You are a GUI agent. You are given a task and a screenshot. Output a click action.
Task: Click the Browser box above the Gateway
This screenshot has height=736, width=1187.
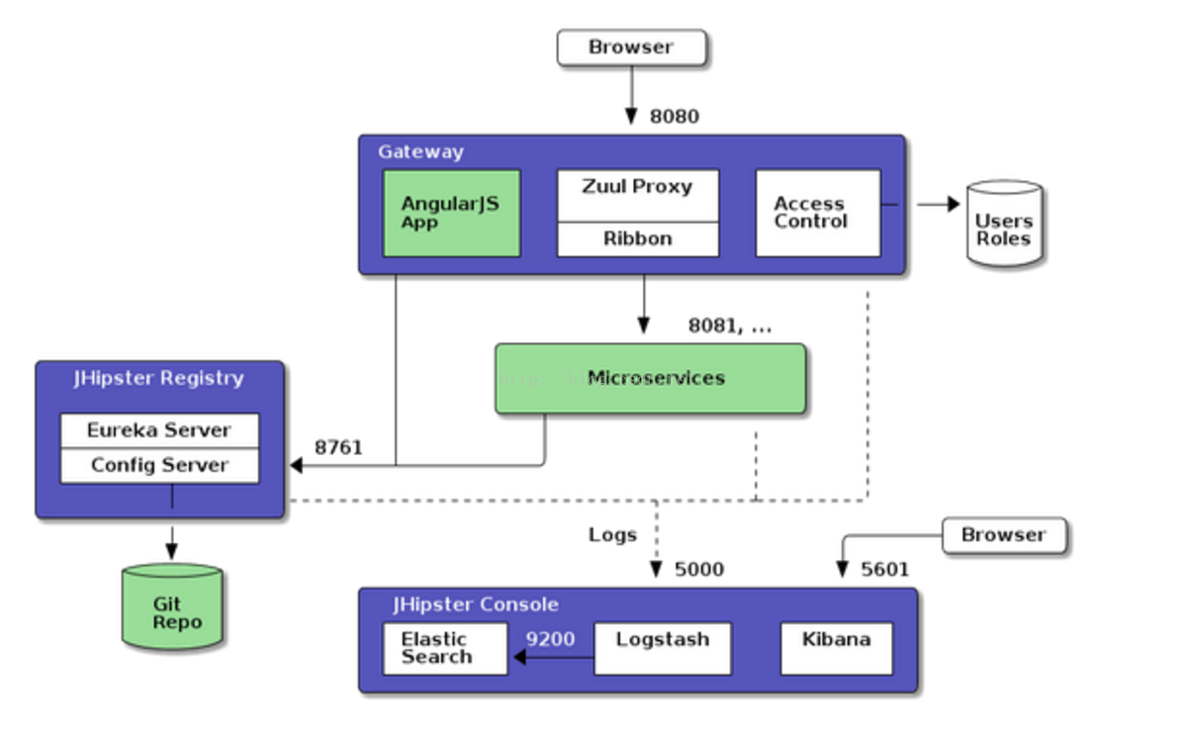[x=631, y=47]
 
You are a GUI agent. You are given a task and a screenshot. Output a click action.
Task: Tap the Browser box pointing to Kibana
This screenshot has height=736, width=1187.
[x=1003, y=535]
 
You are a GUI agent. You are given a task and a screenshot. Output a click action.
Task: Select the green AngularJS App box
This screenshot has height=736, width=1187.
[x=451, y=213]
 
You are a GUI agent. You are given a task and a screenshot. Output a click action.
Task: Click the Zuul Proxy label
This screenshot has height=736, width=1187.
[x=637, y=187]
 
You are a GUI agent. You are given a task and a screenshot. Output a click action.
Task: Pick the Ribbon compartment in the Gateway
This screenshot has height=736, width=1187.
[x=637, y=239]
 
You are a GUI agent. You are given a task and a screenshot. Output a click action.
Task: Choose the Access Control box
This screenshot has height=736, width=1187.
[x=817, y=213]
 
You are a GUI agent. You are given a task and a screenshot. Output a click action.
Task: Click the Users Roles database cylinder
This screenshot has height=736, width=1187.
[x=1004, y=225]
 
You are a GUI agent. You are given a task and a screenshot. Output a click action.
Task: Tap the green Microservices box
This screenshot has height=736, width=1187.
[x=650, y=378]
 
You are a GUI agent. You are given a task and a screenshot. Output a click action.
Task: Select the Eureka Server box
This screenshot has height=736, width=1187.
[x=159, y=430]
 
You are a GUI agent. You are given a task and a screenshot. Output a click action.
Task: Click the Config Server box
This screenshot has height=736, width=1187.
[x=159, y=465]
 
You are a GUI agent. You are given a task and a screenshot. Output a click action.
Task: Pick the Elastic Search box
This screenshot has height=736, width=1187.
[x=444, y=648]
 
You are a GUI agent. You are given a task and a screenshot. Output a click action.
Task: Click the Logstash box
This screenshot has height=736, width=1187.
[x=662, y=648]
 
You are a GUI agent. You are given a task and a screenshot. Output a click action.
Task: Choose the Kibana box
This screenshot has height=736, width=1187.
[x=836, y=648]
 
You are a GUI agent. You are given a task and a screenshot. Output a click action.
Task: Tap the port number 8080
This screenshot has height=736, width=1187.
[x=674, y=116]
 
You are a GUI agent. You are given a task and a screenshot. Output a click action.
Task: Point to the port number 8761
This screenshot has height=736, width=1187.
[x=338, y=447]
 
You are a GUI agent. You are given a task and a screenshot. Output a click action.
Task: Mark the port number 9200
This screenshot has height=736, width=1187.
[x=550, y=639]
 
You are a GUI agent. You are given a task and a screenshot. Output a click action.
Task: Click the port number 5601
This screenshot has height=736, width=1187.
[x=884, y=569]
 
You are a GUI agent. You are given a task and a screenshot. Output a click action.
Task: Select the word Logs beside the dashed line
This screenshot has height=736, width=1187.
[x=612, y=535]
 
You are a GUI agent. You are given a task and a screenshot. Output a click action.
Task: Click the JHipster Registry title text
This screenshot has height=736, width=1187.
[x=158, y=378]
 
